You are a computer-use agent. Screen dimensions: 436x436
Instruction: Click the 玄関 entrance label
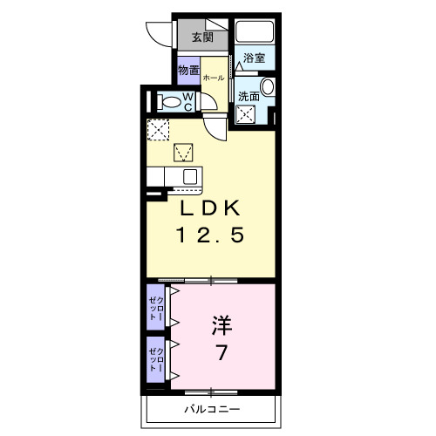pos(201,37)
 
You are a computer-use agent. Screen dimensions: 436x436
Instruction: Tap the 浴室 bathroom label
pos(255,58)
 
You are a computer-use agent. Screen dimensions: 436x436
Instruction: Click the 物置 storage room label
pos(188,70)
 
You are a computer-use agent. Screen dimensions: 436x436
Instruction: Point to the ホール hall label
pos(213,78)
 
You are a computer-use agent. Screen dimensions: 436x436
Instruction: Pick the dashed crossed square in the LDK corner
pos(157,129)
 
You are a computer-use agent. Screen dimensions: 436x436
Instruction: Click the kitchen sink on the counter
pos(187,175)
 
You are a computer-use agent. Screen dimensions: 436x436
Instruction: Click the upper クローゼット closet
pos(155,307)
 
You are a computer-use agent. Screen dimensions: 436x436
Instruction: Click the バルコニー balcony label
pos(212,409)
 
